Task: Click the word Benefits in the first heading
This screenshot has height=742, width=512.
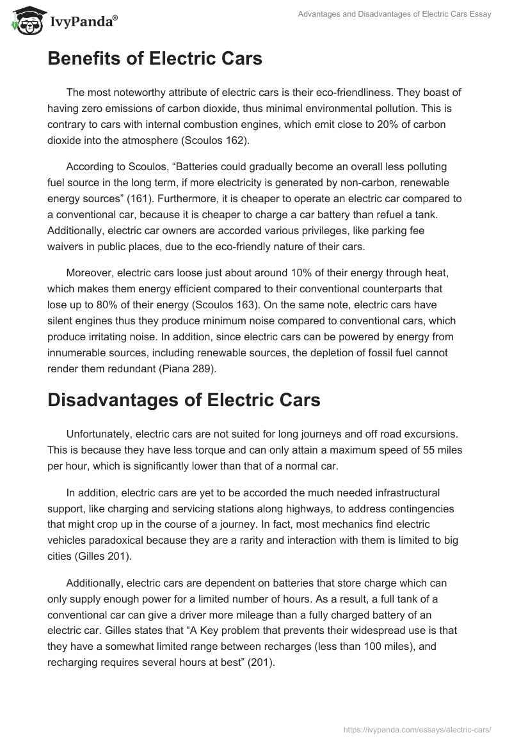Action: click(x=92, y=59)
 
